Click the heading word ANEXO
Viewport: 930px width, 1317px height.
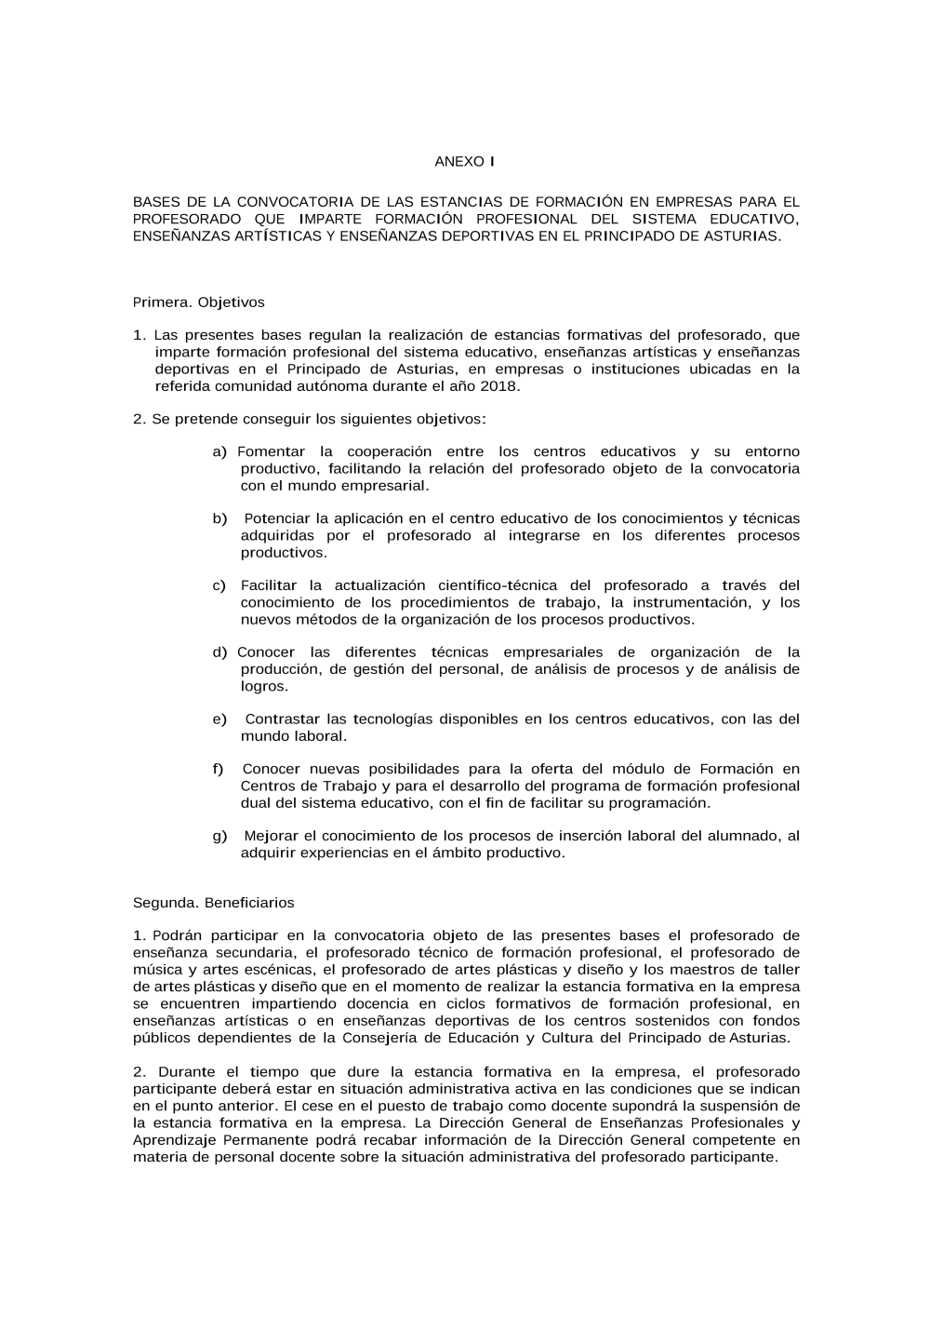459,162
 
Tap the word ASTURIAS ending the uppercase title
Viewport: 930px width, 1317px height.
741,236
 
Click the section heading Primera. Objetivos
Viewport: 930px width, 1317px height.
199,302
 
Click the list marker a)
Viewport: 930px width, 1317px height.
219,452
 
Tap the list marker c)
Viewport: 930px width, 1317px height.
219,586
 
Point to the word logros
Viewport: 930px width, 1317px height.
263,687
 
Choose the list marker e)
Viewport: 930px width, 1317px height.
219,719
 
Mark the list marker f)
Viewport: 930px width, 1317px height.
218,770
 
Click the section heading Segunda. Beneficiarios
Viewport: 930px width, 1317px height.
214,903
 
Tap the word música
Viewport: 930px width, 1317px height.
158,970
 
